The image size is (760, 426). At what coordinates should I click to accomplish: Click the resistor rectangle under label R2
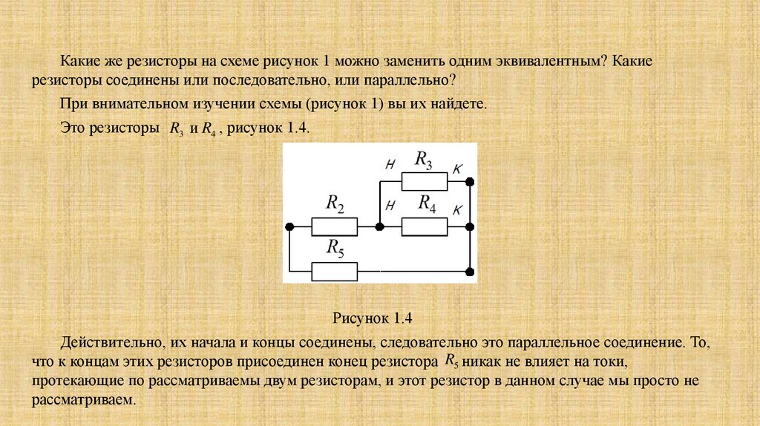pos(334,226)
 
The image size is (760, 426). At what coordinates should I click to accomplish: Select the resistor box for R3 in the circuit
pos(424,181)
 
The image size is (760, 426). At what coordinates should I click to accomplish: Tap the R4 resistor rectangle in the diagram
pos(424,226)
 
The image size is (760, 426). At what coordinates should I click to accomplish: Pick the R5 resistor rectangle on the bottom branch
pos(334,272)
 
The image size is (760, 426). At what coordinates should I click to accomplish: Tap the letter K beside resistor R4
pos(457,210)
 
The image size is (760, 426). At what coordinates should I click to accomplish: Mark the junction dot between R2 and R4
pos(379,226)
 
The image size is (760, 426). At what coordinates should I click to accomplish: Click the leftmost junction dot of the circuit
pos(289,226)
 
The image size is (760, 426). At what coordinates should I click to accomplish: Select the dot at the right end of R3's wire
pos(470,181)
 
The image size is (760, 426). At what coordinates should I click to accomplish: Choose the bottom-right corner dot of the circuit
pos(470,272)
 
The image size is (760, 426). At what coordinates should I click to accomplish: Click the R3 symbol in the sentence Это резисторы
pos(176,129)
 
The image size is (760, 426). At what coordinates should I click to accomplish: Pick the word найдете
pos(460,104)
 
